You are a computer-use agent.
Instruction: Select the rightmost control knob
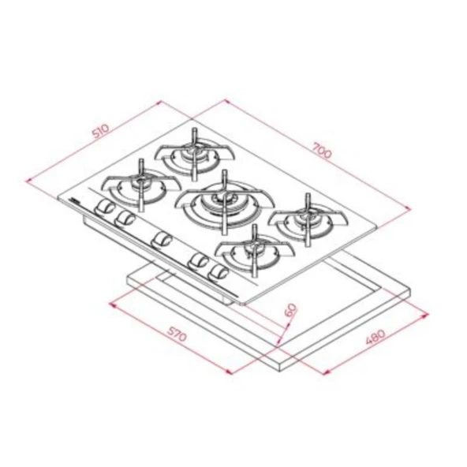[220, 273]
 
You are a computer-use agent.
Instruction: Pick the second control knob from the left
[124, 219]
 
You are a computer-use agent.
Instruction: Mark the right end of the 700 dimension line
[411, 207]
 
